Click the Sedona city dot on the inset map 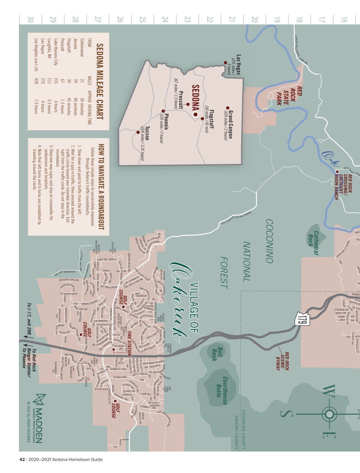pyautogui.click(x=195, y=115)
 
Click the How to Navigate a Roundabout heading pyautogui.click(x=101, y=187)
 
